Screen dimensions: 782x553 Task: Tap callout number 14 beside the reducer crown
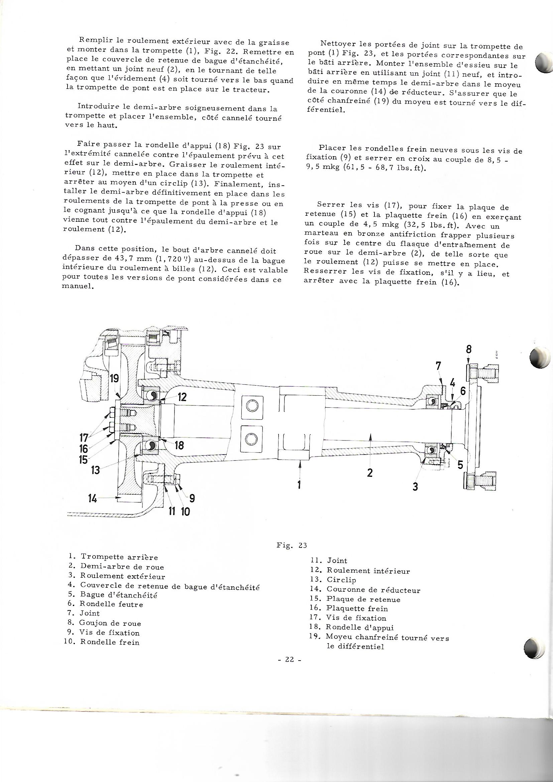[92, 499]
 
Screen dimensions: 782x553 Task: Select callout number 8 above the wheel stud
[469, 350]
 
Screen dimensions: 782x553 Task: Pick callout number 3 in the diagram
[415, 487]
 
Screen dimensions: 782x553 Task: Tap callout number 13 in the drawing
[96, 470]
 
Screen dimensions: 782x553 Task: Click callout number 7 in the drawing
[438, 367]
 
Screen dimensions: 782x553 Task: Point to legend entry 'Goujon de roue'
[110, 623]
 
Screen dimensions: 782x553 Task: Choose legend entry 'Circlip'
[341, 580]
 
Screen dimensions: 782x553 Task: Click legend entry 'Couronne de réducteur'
[373, 590]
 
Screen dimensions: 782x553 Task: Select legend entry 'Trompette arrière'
[119, 557]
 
